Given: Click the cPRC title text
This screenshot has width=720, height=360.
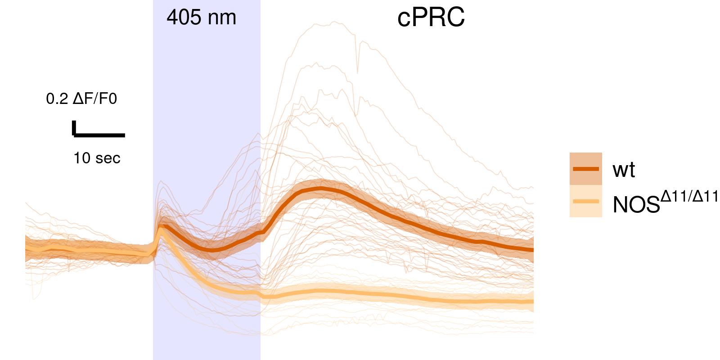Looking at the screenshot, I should click(x=431, y=18).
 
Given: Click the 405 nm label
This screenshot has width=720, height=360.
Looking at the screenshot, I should click(x=201, y=18).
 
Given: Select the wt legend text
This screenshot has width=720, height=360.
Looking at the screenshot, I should click(x=623, y=170).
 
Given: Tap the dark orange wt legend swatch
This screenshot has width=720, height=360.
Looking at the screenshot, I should click(x=585, y=169).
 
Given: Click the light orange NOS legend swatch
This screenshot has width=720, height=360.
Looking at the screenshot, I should click(x=585, y=202).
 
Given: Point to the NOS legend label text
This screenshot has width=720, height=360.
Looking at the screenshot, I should click(x=636, y=205).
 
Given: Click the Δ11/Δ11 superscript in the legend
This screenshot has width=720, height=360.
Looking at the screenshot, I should click(x=689, y=197).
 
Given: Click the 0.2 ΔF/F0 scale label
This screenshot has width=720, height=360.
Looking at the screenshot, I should click(x=81, y=99).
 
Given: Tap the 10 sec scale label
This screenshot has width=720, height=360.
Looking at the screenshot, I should click(x=97, y=158).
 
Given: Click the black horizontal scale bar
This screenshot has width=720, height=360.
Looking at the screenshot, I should click(x=99, y=135).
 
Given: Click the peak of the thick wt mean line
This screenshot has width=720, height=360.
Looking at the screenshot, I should click(x=320, y=188).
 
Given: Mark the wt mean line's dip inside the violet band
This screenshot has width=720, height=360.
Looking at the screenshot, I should click(x=211, y=249).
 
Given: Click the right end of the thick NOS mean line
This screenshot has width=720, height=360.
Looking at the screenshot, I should click(x=532, y=301).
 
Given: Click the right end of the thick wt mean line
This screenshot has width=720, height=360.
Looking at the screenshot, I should click(x=532, y=249).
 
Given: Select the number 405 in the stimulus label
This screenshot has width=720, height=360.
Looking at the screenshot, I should click(x=184, y=18).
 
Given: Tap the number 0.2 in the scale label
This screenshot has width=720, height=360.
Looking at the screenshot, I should click(x=57, y=99).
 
